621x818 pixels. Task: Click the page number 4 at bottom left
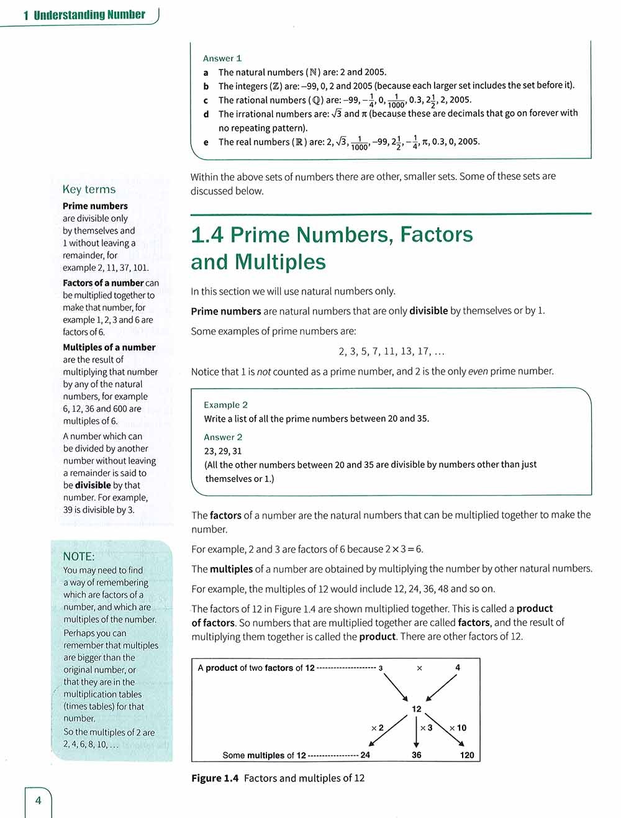click(38, 800)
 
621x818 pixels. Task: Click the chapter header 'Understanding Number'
click(89, 15)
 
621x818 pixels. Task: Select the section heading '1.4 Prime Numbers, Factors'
click(332, 235)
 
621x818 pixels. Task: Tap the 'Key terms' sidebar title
click(89, 189)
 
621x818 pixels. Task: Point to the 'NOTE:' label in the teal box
click(79, 557)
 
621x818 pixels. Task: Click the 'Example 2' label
click(225, 404)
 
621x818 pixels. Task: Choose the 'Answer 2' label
click(223, 437)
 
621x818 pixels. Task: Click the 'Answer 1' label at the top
click(222, 58)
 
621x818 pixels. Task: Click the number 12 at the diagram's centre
click(416, 709)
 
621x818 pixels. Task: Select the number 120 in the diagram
click(466, 755)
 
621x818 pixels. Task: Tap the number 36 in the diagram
click(416, 755)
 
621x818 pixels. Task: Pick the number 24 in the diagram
click(365, 755)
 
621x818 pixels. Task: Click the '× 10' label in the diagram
click(458, 727)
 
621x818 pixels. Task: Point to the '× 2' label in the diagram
click(377, 727)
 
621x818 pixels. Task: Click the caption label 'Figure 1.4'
click(215, 778)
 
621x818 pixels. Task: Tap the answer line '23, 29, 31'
click(223, 451)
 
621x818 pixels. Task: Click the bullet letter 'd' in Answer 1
click(206, 114)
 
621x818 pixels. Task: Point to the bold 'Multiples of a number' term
click(109, 347)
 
